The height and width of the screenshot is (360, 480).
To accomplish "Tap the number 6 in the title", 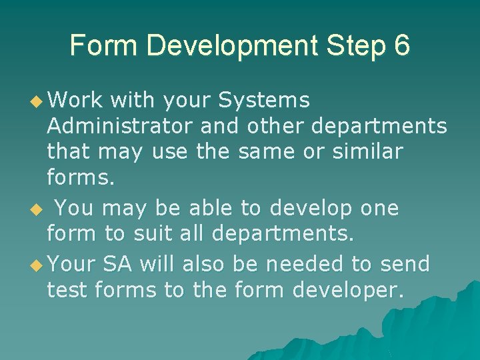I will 401,45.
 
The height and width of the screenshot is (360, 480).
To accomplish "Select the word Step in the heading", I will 354,46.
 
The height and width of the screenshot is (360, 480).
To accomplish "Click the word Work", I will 75,100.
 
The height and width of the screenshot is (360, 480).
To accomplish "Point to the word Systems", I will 264,101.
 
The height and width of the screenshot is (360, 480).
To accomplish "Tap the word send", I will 405,264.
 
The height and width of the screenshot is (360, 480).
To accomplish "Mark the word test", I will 68,290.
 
